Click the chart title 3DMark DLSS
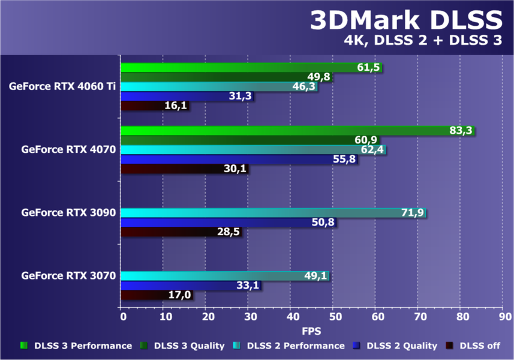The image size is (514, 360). click(405, 21)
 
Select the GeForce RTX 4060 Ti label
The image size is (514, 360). click(62, 86)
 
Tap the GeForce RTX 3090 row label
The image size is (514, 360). click(68, 212)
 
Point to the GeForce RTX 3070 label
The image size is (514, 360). click(68, 276)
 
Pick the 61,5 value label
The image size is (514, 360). click(369, 67)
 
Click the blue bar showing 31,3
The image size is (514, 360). click(174, 96)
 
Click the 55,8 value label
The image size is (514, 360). click(344, 160)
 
